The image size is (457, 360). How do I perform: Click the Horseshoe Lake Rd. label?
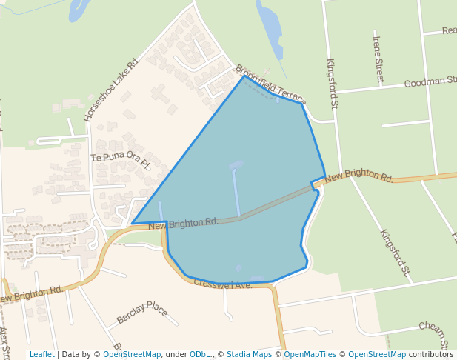pyautogui.click(x=112, y=90)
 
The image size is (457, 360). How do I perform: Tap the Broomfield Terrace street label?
pyautogui.click(x=270, y=84)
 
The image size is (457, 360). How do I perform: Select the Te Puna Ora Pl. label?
pyautogui.click(x=120, y=159)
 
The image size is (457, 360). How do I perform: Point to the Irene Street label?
pyautogui.click(x=378, y=59)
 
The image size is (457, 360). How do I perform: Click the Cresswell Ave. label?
pyautogui.click(x=223, y=284)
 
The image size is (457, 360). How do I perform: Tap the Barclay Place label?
pyautogui.click(x=147, y=312)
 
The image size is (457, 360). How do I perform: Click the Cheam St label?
pyautogui.click(x=437, y=333)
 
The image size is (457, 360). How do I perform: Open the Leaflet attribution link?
pyautogui.click(x=41, y=354)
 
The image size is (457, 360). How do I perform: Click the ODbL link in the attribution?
pyautogui.click(x=201, y=354)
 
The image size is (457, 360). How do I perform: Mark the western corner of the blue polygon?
pyautogui.click(x=133, y=223)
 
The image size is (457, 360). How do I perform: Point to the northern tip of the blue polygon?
pyautogui.click(x=242, y=76)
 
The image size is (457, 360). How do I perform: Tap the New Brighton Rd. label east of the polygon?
pyautogui.click(x=358, y=176)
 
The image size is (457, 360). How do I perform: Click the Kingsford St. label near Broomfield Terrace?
pyautogui.click(x=332, y=84)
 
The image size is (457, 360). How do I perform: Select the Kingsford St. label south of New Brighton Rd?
pyautogui.click(x=395, y=255)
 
